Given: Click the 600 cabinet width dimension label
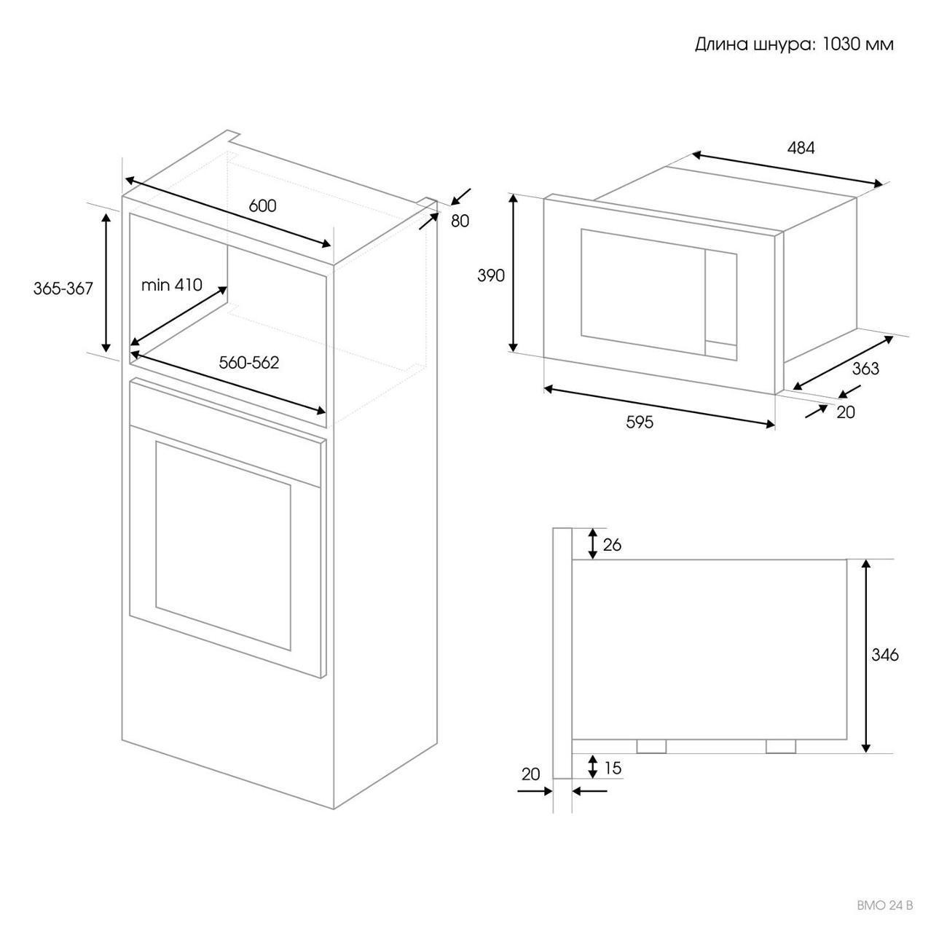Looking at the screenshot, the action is (x=262, y=206).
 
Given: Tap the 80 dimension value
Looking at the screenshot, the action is (x=460, y=221).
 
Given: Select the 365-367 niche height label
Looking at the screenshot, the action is (x=63, y=288).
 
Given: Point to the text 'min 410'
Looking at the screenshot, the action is (x=171, y=285).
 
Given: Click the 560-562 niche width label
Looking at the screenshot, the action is (x=249, y=363).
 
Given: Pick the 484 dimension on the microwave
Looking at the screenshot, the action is (x=801, y=148).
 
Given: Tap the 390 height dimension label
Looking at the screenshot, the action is (x=491, y=275).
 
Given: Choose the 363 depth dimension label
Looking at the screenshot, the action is (x=865, y=368).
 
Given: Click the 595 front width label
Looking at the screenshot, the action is (x=640, y=422).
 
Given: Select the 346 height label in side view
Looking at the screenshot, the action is (x=884, y=655).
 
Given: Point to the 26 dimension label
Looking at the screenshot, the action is (x=613, y=545).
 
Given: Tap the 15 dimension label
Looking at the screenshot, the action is (x=613, y=768).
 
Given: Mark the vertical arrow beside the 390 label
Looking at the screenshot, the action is (x=514, y=273).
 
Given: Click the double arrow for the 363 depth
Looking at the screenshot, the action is (x=844, y=364).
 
